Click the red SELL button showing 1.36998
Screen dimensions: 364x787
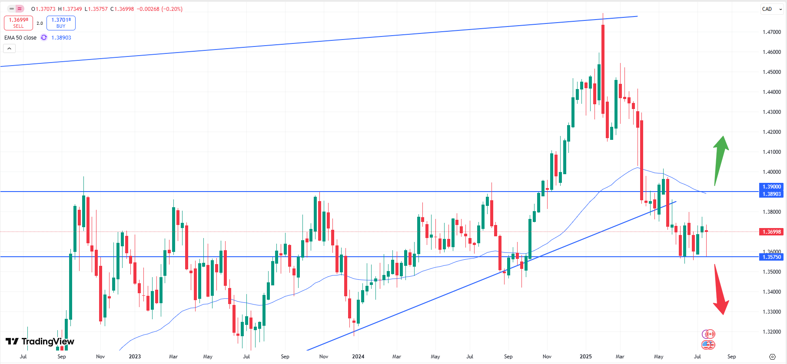[18, 23]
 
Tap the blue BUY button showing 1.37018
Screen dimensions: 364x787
[61, 23]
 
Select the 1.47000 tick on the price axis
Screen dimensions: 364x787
[771, 32]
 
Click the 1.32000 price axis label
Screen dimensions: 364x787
[771, 332]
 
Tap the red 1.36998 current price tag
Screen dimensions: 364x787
[771, 232]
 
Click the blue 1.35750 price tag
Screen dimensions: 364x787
[771, 257]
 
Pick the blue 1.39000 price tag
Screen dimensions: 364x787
[771, 187]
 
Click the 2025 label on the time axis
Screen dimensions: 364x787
[585, 357]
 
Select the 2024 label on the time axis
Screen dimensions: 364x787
[358, 357]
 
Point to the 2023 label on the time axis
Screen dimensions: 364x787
[135, 357]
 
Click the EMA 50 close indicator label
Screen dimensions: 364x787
[20, 38]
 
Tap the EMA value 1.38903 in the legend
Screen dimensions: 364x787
[61, 38]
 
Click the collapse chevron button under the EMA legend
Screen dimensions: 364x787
[9, 49]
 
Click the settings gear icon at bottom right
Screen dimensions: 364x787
[772, 357]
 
